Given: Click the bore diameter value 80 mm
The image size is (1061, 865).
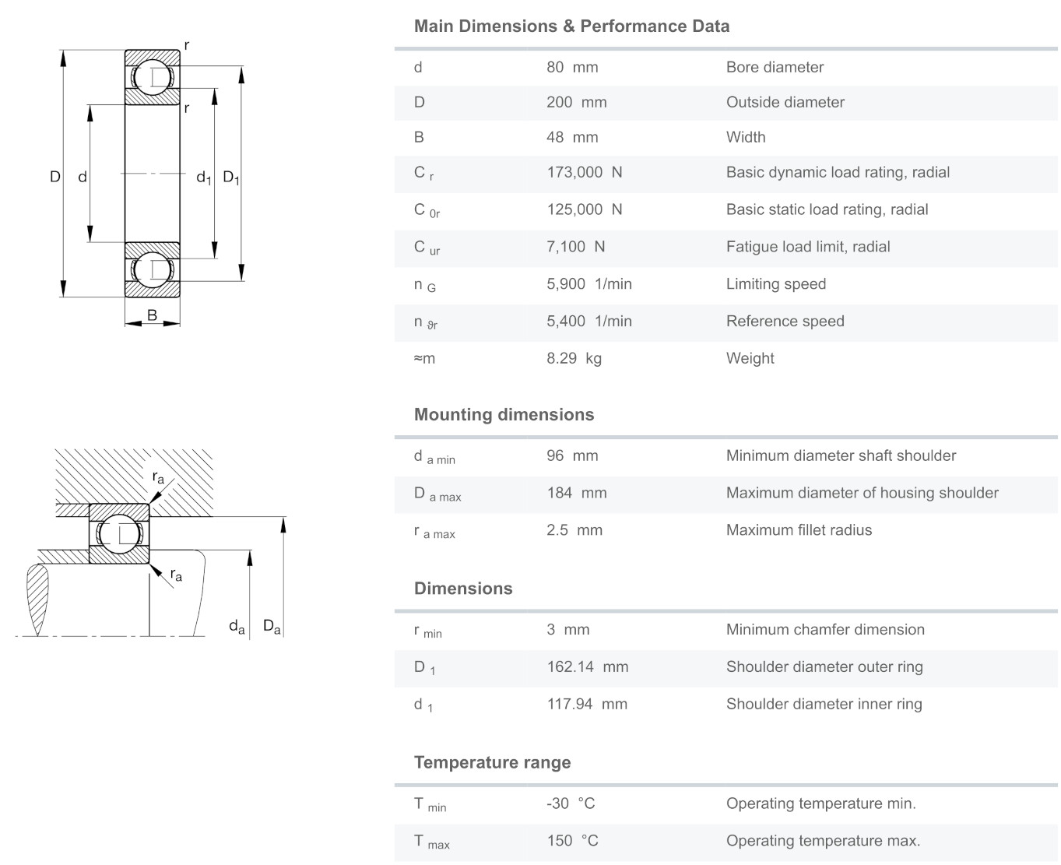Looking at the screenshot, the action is [x=572, y=67].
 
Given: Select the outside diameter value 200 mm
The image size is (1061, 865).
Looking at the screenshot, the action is [x=576, y=102].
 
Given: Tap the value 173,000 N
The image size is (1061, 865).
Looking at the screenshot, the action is [x=585, y=172].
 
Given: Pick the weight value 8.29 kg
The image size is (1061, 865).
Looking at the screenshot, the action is [x=574, y=358].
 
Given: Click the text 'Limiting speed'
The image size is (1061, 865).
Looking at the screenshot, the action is [x=775, y=284].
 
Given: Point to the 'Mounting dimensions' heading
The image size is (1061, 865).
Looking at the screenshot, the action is [x=504, y=414].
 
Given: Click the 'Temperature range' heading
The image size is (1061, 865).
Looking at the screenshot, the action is [x=492, y=762].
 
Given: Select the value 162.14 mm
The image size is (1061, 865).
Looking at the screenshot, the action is [x=587, y=666].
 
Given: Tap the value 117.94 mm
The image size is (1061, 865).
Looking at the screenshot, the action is [x=587, y=704].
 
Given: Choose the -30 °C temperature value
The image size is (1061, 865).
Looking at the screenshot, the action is [x=571, y=803].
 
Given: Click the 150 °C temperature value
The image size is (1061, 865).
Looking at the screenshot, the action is [x=572, y=841].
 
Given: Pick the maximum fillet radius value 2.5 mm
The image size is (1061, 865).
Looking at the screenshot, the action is [x=574, y=529].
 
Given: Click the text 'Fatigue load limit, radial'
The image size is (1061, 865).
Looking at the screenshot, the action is [x=808, y=247].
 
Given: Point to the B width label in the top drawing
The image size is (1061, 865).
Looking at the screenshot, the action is [x=152, y=315].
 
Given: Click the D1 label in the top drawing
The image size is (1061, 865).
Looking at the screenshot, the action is [x=231, y=178].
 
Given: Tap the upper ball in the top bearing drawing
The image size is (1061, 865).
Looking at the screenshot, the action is [x=152, y=77].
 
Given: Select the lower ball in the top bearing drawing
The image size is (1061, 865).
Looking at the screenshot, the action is [x=152, y=269].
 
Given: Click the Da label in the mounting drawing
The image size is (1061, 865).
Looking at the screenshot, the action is [x=272, y=626].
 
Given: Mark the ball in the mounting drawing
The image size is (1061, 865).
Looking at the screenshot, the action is [x=119, y=534].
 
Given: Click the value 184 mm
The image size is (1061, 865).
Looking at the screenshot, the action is [x=576, y=493].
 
